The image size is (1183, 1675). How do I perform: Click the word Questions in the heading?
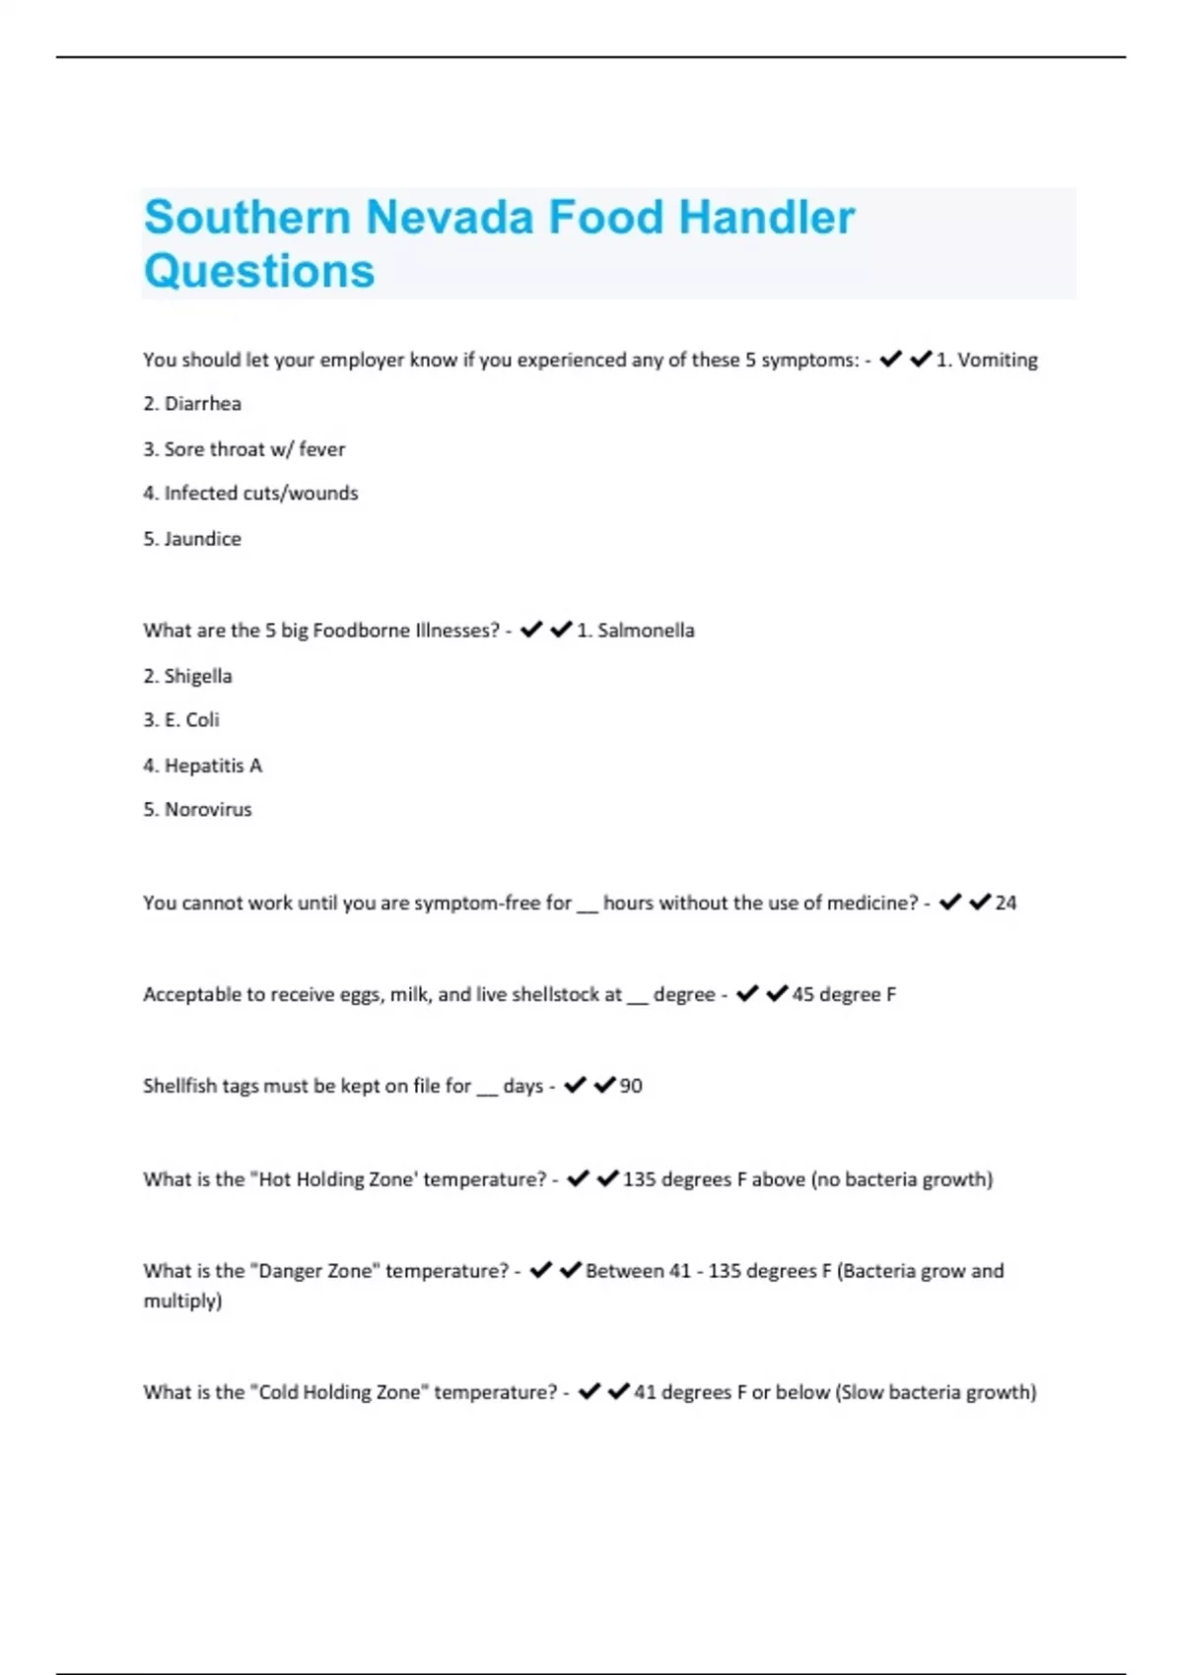pyautogui.click(x=259, y=271)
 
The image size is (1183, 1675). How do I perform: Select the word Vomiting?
pyautogui.click(x=997, y=361)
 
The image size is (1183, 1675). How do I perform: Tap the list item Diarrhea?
pyautogui.click(x=202, y=404)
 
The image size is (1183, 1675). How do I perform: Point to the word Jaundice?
pyautogui.click(x=202, y=539)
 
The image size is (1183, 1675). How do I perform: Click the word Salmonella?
pyautogui.click(x=646, y=631)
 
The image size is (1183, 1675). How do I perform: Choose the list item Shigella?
pyautogui.click(x=198, y=676)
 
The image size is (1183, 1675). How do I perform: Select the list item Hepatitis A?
pyautogui.click(x=213, y=766)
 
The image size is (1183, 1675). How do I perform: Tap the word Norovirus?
pyautogui.click(x=208, y=810)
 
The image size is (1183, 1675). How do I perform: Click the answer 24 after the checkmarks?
pyautogui.click(x=1006, y=904)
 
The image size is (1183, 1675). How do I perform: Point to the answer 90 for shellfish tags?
pyautogui.click(x=631, y=1086)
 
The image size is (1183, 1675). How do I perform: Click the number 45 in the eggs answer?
pyautogui.click(x=803, y=995)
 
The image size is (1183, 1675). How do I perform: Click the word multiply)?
pyautogui.click(x=182, y=1302)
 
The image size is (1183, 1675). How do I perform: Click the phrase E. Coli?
pyautogui.click(x=191, y=720)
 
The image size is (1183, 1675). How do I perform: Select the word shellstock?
pyautogui.click(x=566, y=995)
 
